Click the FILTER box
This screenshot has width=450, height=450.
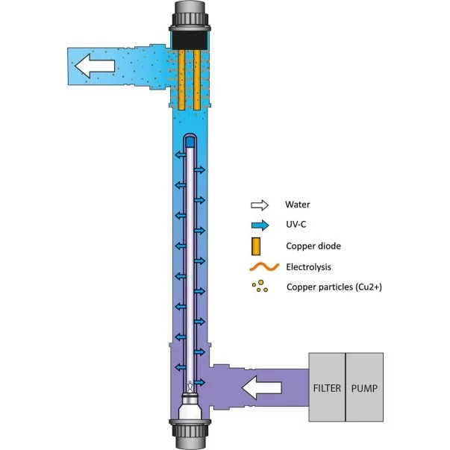(327, 387)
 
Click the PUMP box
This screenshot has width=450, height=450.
(364, 387)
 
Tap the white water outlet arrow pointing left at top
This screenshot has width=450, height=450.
(95, 66)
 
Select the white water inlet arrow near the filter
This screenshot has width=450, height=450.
(261, 388)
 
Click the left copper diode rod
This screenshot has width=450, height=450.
(181, 80)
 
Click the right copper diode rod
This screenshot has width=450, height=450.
(197, 80)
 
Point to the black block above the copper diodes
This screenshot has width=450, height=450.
(189, 40)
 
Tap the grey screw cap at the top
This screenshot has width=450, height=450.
(190, 16)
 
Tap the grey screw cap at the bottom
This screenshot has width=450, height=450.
(190, 434)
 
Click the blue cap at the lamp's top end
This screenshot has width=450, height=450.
(190, 142)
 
